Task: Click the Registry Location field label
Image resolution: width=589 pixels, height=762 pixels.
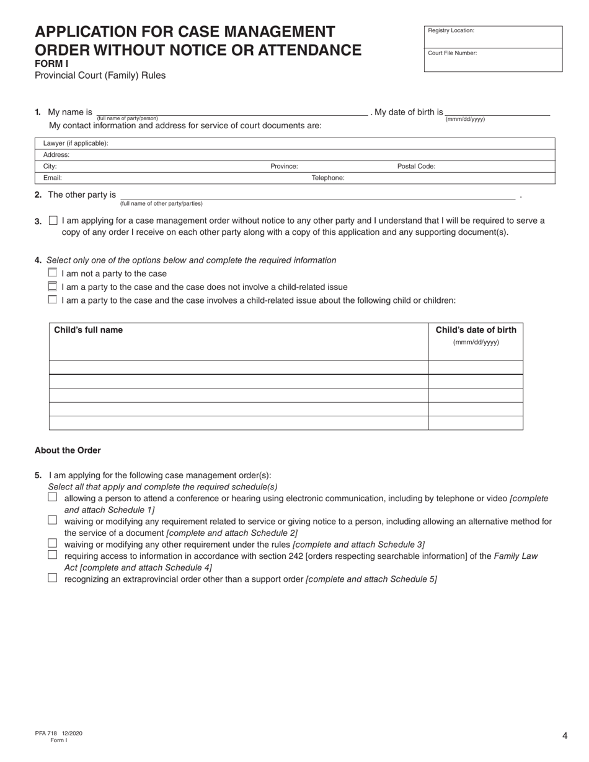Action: click(x=451, y=30)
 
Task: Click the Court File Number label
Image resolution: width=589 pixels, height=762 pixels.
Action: click(x=452, y=53)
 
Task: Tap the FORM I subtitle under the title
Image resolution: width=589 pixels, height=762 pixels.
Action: click(x=51, y=63)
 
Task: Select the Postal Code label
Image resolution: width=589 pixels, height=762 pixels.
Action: click(x=416, y=166)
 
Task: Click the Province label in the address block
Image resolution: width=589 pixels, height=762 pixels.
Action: click(x=284, y=166)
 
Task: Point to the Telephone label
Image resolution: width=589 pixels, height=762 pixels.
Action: click(x=327, y=178)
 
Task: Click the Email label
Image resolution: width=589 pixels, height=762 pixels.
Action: click(x=52, y=178)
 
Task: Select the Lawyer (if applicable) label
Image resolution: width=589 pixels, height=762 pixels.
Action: click(x=76, y=143)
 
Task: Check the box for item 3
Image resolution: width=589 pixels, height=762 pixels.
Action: click(x=53, y=221)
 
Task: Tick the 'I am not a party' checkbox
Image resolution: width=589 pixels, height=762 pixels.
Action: click(x=53, y=273)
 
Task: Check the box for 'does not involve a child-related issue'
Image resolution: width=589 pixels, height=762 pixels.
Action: click(x=53, y=286)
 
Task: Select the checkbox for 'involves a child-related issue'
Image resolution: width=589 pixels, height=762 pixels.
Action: click(x=53, y=300)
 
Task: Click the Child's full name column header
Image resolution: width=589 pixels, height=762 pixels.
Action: click(x=88, y=330)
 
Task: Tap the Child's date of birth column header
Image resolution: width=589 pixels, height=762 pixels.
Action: click(x=476, y=330)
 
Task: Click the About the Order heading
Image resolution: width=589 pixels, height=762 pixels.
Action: click(x=68, y=450)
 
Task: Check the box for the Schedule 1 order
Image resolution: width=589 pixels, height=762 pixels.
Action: click(x=53, y=497)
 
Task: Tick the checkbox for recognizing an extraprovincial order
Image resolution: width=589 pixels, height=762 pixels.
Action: click(x=53, y=578)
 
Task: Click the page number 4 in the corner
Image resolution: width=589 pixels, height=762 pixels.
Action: click(x=565, y=736)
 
